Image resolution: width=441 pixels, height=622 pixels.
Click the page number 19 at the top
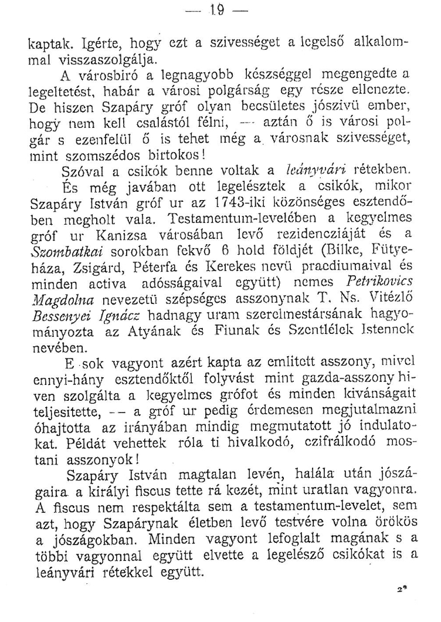click(220, 9)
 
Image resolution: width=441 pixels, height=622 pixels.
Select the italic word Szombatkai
click(60, 273)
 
